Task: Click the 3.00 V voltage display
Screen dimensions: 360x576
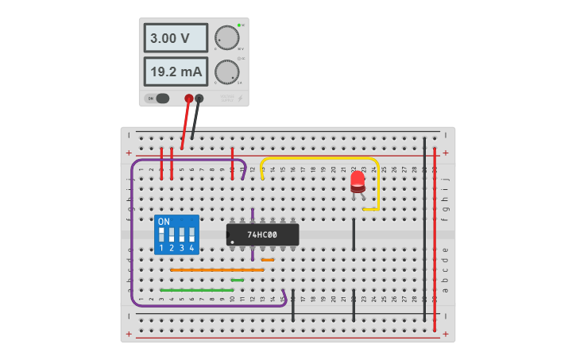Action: (x=176, y=37)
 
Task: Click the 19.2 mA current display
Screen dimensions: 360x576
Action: (x=176, y=72)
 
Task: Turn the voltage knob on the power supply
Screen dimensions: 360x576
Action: (x=226, y=37)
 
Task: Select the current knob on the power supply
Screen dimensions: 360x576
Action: (x=226, y=72)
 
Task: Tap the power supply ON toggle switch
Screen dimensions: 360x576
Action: (x=161, y=99)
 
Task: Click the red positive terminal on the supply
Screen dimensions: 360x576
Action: (x=189, y=99)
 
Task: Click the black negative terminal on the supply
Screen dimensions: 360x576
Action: (x=199, y=99)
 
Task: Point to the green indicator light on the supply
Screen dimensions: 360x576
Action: (x=238, y=25)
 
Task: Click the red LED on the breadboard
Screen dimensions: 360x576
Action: (x=358, y=182)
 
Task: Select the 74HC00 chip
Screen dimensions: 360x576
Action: (x=262, y=234)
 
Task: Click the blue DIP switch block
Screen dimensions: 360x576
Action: (x=176, y=234)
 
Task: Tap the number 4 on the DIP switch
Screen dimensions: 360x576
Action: (x=191, y=249)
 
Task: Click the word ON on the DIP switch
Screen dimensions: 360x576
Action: (x=164, y=221)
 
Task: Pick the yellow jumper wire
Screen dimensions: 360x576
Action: (x=318, y=158)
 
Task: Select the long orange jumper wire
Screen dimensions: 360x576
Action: (x=216, y=270)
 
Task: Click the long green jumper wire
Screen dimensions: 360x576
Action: (x=196, y=290)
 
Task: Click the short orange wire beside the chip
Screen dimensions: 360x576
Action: (x=268, y=260)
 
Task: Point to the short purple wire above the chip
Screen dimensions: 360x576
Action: (x=253, y=216)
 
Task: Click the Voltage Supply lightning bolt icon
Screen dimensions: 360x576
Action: (x=241, y=99)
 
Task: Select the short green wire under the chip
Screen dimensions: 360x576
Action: (x=237, y=280)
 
